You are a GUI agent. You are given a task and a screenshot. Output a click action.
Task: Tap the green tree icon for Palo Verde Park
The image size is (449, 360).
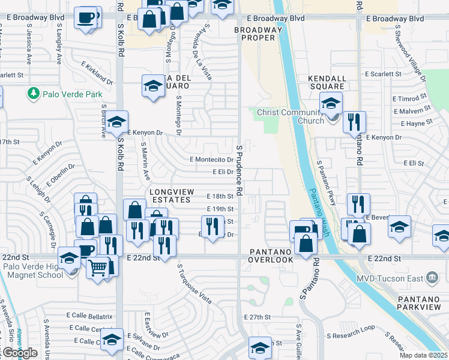tap(32, 94)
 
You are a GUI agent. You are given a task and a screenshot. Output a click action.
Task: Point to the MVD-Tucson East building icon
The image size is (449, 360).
tap(430, 277)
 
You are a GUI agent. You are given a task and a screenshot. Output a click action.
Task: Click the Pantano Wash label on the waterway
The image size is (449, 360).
tap(319, 200)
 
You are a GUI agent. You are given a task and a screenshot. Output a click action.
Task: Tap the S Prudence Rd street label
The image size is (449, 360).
tap(239, 170)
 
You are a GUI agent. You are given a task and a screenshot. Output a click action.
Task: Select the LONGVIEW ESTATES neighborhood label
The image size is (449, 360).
tap(170, 195)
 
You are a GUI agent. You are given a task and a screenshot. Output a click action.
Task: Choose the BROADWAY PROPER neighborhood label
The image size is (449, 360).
tap(258, 34)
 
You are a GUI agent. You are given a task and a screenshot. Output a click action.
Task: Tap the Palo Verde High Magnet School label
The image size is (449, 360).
tap(33, 271)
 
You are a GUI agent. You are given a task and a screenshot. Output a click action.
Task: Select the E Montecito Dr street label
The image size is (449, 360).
tap(211, 160)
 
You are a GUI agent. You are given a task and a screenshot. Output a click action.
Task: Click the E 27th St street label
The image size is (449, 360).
tap(258, 316)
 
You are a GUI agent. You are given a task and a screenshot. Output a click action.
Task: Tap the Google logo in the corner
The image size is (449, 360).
tap(20, 353)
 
